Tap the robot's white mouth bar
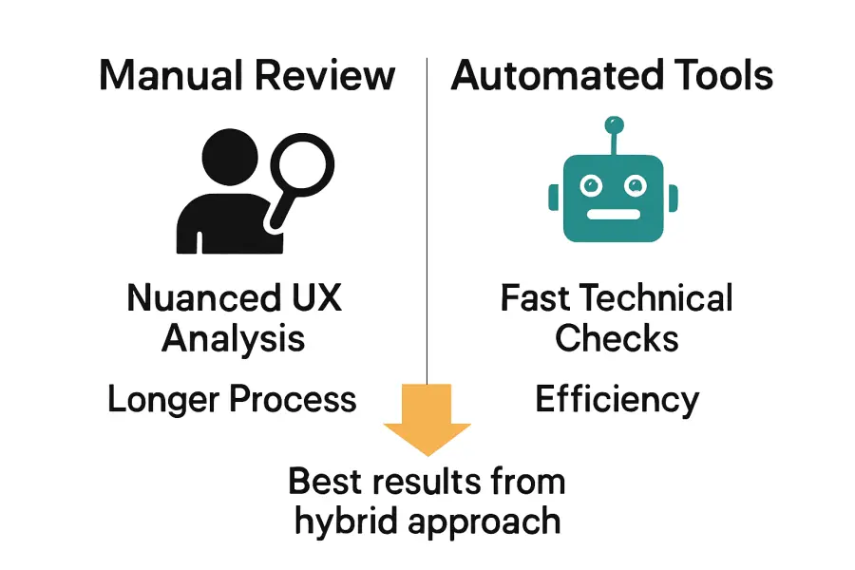click(613, 214)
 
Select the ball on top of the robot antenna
click(614, 123)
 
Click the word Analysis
click(234, 338)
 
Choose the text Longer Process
click(233, 399)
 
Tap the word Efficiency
click(617, 399)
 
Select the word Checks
click(617, 338)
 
